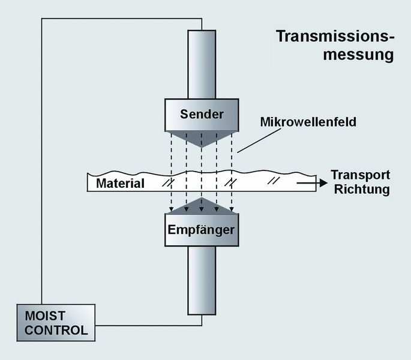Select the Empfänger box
coord(201,230)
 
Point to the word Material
coord(120,183)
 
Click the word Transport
coord(361,175)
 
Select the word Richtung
coord(362,190)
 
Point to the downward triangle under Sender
coord(201,137)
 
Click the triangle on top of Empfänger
coord(201,207)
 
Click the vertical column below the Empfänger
coord(201,279)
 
